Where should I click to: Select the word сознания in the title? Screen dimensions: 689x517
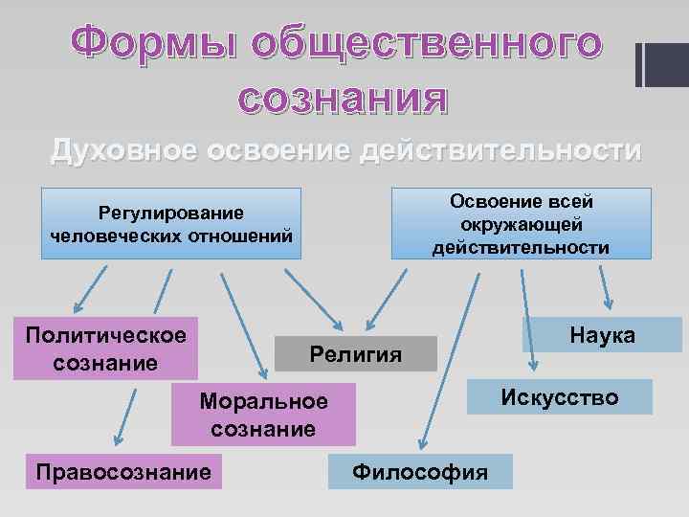[343, 99]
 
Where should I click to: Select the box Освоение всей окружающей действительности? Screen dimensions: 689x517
[521, 224]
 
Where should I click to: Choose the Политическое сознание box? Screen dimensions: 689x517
[106, 348]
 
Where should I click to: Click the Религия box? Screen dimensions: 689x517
[355, 354]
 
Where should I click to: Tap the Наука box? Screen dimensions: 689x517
[601, 335]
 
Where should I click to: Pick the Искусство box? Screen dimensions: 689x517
[560, 396]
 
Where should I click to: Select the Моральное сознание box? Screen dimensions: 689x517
[263, 415]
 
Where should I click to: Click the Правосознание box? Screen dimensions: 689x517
[122, 470]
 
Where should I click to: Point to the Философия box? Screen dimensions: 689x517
[420, 471]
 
